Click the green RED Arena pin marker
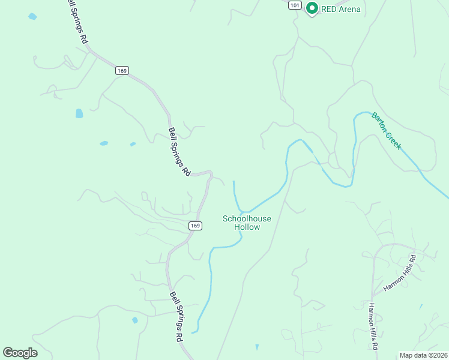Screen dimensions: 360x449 point(312,8)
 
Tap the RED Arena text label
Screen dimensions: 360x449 point(341,9)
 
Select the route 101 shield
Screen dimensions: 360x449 point(294,5)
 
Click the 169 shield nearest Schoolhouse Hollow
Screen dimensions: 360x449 point(194,226)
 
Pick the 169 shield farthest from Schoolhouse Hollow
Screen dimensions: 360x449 point(122,70)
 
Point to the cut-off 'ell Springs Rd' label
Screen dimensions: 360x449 point(77,22)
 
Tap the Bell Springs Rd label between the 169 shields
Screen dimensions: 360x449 point(179,151)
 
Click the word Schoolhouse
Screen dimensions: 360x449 point(247,219)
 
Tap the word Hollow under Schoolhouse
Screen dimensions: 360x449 point(247,227)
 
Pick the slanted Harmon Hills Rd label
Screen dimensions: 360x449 point(400,274)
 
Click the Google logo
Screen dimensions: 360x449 point(20,352)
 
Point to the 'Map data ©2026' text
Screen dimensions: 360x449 point(423,355)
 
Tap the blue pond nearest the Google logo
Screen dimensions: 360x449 point(135,320)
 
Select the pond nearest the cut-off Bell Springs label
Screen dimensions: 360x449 point(32,16)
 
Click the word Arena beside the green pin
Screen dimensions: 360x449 point(349,9)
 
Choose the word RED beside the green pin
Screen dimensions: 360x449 point(328,9)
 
